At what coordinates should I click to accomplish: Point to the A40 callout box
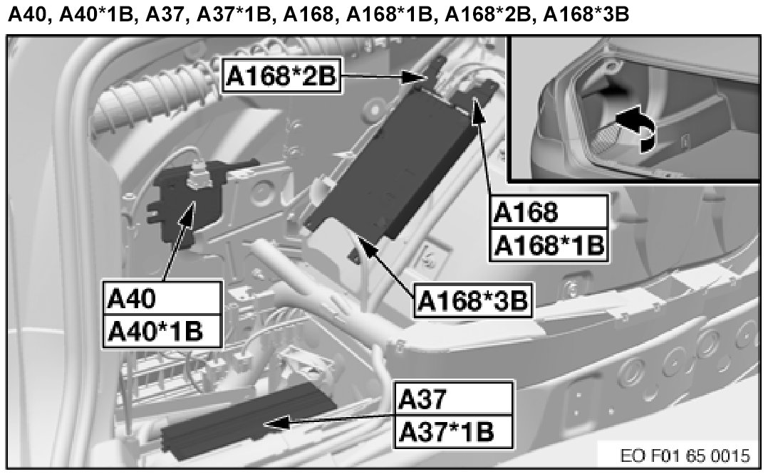[x=161, y=299]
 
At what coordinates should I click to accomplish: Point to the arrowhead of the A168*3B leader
[x=364, y=243]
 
